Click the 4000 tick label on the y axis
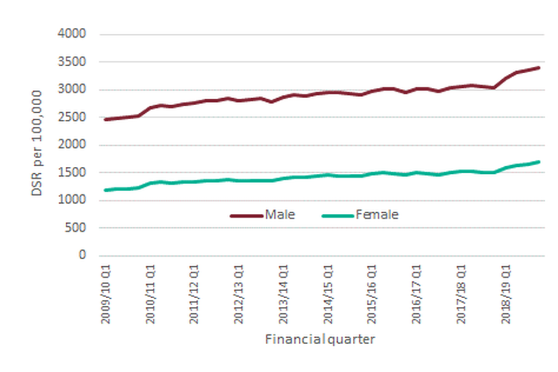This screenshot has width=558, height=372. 72,34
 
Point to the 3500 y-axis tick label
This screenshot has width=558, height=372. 72,62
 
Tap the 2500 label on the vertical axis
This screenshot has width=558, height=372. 72,117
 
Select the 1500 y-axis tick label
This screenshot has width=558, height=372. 72,173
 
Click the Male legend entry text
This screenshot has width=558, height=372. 280,214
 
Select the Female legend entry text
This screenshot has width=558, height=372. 377,214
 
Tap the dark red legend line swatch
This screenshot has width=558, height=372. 246,215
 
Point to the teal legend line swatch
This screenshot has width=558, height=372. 337,215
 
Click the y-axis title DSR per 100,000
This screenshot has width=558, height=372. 37,142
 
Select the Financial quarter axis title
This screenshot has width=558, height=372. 320,339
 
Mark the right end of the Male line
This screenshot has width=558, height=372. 539,67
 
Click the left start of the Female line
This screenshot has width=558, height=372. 105,190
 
